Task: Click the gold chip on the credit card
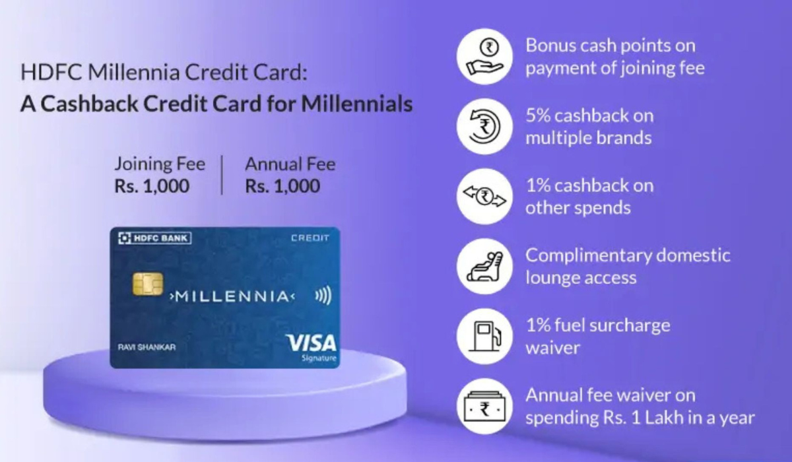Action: click(x=148, y=284)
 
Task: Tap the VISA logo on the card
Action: click(x=311, y=343)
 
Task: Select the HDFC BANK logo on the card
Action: click(x=155, y=238)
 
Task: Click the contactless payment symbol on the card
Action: click(x=323, y=295)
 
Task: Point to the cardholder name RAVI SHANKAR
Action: click(x=147, y=347)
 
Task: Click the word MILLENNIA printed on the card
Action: click(x=232, y=296)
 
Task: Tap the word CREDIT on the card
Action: click(x=310, y=238)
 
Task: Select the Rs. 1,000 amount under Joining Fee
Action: click(x=152, y=186)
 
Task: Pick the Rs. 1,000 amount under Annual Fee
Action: click(x=282, y=186)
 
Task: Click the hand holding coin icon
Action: click(x=484, y=57)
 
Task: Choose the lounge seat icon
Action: click(x=484, y=266)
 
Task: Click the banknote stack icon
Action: click(x=484, y=407)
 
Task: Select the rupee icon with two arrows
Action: click(x=484, y=197)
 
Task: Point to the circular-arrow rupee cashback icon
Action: click(x=484, y=126)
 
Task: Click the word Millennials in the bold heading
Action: click(x=357, y=104)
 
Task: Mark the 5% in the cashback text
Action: click(x=538, y=116)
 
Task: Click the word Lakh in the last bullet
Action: click(x=664, y=418)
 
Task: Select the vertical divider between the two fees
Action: click(x=222, y=175)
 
